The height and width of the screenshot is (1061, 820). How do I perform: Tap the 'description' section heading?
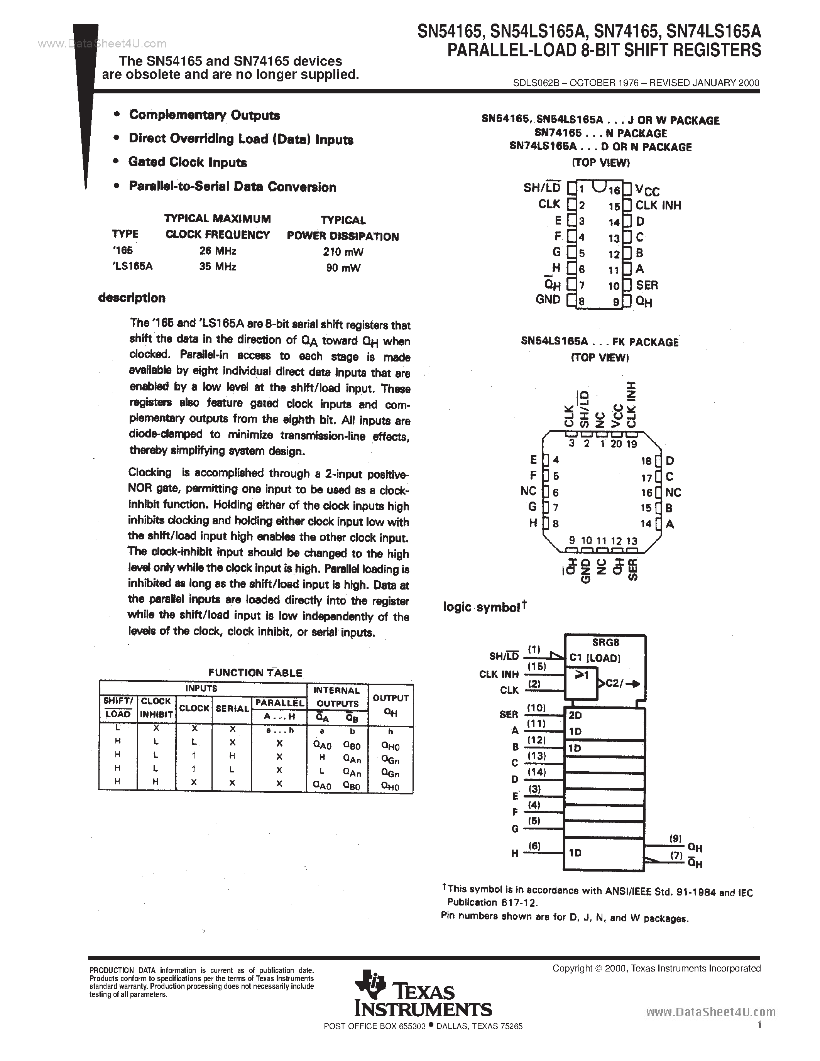[x=132, y=298]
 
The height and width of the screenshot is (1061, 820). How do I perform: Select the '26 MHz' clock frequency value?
[x=218, y=251]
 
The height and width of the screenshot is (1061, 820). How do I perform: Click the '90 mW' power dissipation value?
[x=343, y=268]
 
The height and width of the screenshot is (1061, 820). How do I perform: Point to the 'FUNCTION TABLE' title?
[x=255, y=673]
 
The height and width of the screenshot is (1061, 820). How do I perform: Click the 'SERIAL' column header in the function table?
[x=232, y=709]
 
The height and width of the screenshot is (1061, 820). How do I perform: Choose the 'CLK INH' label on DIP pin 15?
[x=658, y=206]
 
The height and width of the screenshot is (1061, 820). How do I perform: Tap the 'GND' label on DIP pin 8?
[x=548, y=300]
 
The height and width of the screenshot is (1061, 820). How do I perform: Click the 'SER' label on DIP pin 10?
[x=647, y=285]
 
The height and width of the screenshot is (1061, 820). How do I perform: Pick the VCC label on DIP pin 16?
[x=648, y=190]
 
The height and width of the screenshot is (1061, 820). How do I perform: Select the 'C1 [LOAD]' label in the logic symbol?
[x=595, y=658]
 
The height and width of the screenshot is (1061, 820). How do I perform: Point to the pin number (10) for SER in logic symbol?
[x=536, y=708]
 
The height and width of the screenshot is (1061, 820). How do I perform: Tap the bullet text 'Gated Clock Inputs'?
[x=188, y=162]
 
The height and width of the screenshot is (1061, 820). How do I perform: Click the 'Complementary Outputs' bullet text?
[x=205, y=115]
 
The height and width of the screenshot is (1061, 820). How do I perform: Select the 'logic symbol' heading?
[x=482, y=607]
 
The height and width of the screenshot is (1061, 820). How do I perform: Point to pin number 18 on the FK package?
[x=646, y=461]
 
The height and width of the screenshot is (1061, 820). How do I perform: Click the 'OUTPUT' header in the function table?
[x=391, y=698]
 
